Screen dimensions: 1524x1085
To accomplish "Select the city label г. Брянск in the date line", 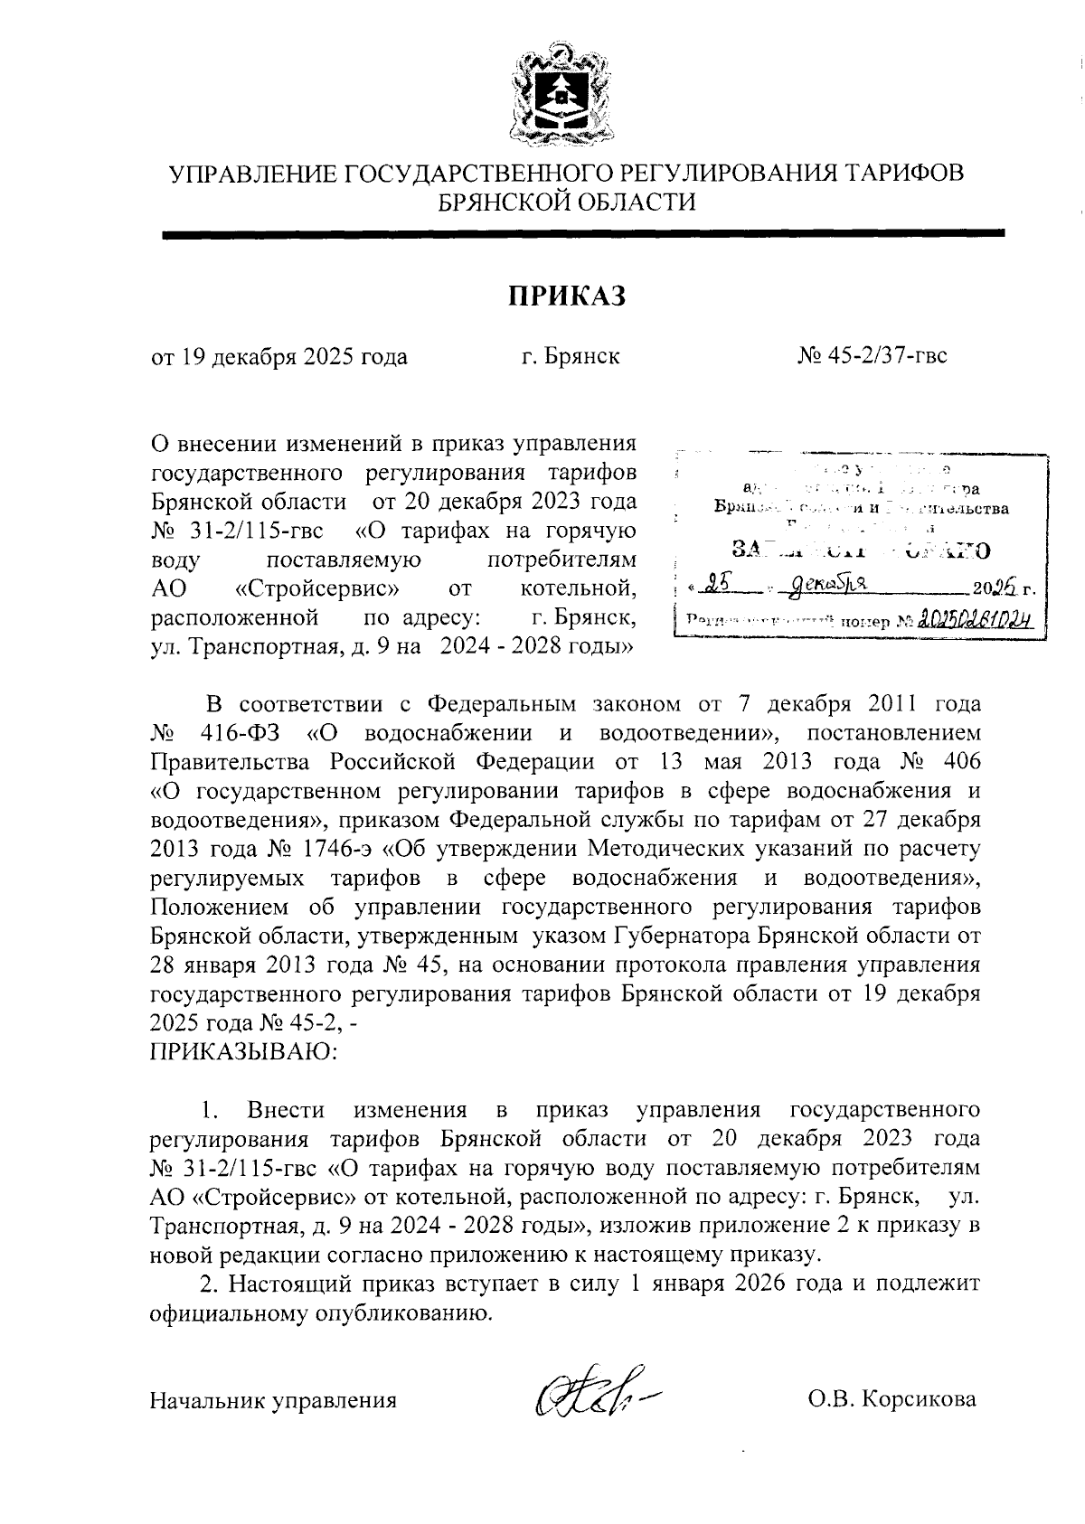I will click(570, 356).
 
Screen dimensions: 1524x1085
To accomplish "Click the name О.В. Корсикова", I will click(892, 1400).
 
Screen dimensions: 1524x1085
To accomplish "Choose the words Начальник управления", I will click(273, 1401).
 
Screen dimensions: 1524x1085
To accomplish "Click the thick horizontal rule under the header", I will click(583, 234).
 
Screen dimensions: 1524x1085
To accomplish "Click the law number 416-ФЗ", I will click(243, 731).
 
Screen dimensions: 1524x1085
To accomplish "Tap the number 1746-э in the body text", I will click(336, 850).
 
